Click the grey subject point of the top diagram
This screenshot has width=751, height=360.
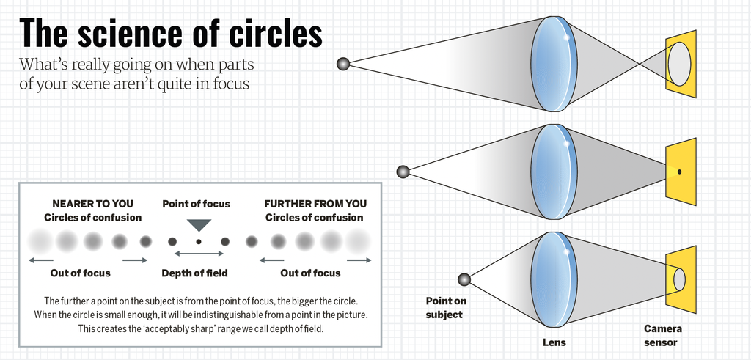342,64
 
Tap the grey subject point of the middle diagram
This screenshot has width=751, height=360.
403,172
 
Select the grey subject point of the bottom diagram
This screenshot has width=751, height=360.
464,279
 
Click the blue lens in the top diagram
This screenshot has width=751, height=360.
553,64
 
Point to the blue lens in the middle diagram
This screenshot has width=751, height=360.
553,172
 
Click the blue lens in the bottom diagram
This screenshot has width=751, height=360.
553,279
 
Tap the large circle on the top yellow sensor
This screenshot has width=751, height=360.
679,63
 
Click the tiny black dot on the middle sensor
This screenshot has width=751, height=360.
680,172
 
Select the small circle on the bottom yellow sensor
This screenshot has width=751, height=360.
679,279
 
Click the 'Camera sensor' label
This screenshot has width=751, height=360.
662,336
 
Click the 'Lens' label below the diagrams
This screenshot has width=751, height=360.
554,342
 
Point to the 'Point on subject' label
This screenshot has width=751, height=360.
446,307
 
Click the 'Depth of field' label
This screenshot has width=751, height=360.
194,273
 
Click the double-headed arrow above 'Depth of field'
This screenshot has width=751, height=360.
198,254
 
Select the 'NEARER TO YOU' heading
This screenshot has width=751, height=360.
92,203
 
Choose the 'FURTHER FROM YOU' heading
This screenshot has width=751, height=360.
315,203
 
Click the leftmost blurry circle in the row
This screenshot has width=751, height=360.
38,240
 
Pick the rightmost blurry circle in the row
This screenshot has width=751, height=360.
358,240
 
